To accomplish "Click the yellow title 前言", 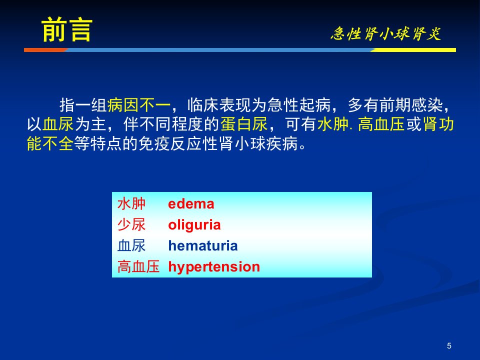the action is tap(66, 29).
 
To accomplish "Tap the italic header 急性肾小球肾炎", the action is tap(385, 33).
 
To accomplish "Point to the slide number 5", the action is tap(449, 345).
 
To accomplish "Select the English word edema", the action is tap(191, 204).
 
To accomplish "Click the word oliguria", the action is tap(194, 225).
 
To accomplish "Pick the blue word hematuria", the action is tap(203, 246).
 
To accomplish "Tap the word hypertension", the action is tap(214, 267).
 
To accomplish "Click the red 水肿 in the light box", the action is tap(131, 204).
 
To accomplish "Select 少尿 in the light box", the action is tap(131, 225).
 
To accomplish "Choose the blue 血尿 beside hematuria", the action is tap(131, 246).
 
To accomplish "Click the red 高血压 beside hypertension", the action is tap(138, 266).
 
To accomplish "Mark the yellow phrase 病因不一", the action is tap(139, 105).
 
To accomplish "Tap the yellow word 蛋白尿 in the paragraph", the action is tap(244, 124).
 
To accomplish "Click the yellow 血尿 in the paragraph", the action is tap(58, 124).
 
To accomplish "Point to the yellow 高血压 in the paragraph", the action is tap(381, 124).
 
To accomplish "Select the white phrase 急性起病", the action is tap(299, 105).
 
